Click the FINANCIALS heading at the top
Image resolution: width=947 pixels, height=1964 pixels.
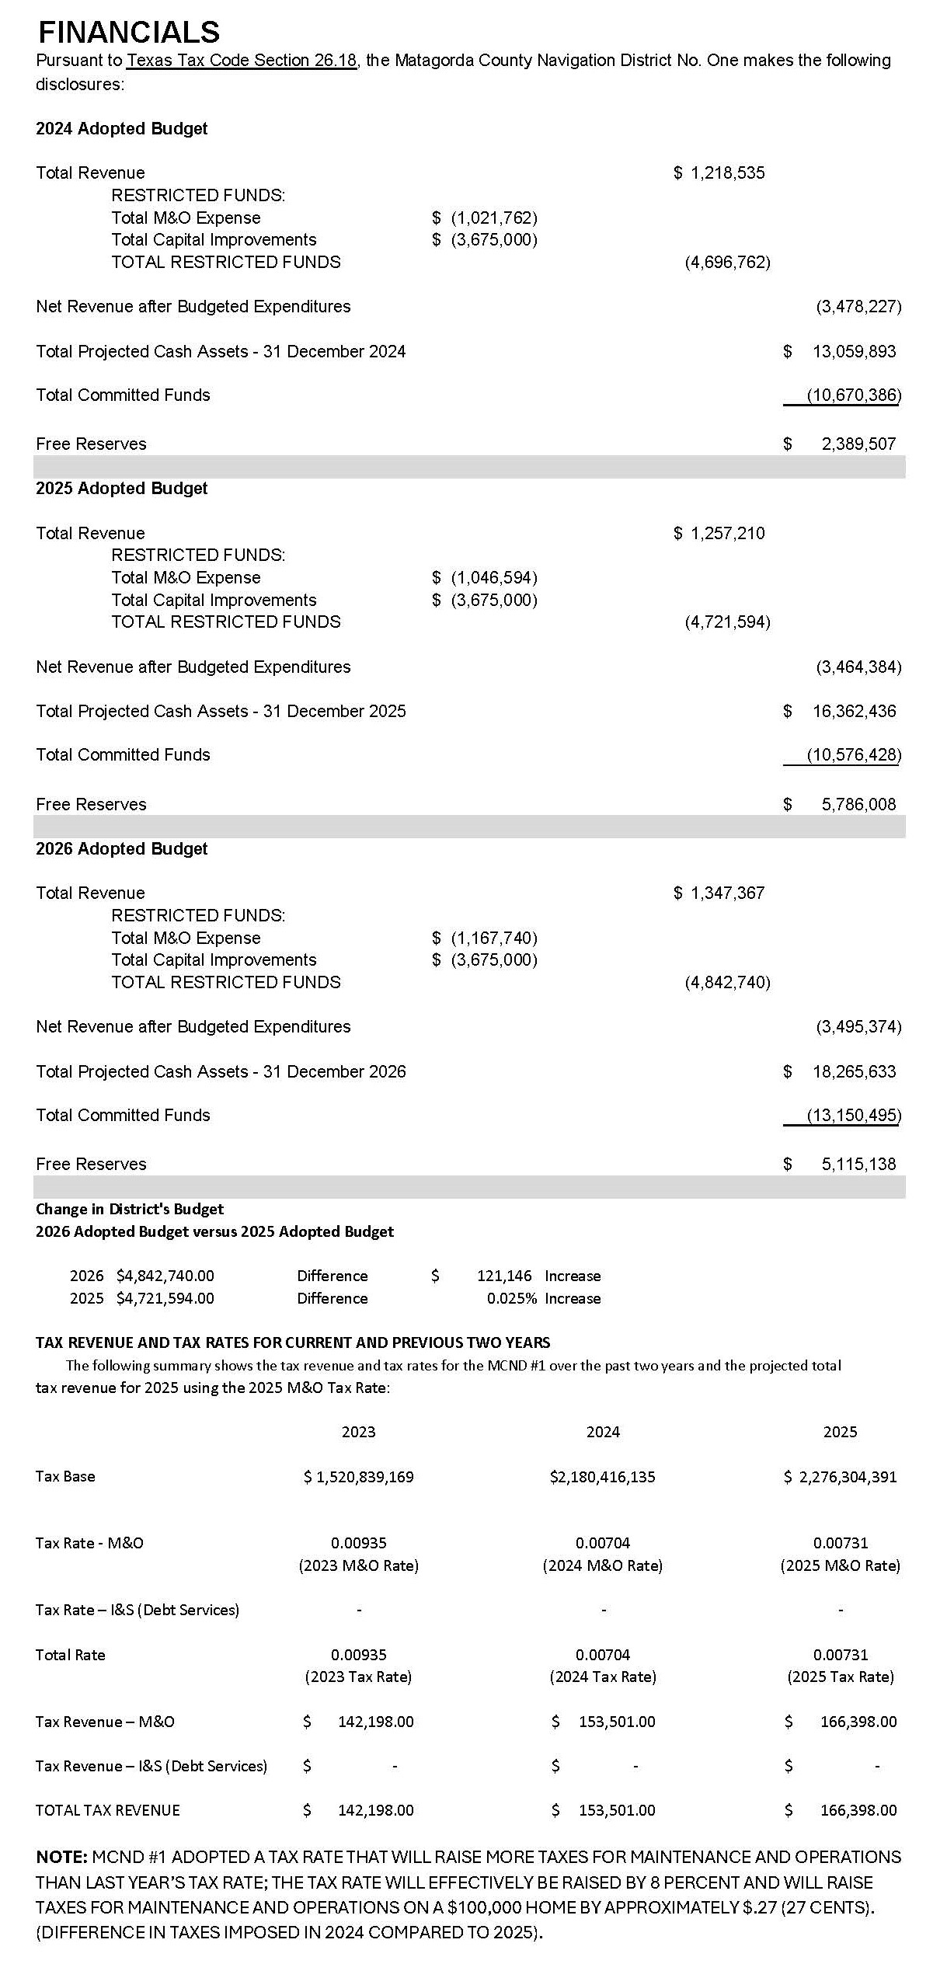(129, 32)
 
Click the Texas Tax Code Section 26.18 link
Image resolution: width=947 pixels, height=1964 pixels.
(242, 61)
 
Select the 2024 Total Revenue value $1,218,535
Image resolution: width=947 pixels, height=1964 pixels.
(719, 172)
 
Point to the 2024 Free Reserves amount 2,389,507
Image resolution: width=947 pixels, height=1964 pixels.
(858, 444)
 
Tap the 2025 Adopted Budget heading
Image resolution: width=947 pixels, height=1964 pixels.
(122, 489)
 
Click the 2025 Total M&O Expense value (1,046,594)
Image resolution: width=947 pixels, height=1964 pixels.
(494, 577)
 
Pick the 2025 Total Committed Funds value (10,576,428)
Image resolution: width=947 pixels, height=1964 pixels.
(854, 754)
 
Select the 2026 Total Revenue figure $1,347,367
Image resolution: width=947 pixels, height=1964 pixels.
(719, 893)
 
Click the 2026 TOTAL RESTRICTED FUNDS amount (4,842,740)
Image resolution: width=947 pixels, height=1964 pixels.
(727, 982)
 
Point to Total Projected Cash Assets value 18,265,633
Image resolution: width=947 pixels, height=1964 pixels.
(854, 1071)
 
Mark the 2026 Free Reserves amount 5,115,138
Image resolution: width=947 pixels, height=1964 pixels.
(858, 1164)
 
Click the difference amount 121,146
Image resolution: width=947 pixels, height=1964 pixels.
(504, 1276)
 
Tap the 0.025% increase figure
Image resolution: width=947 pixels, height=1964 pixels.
(511, 1298)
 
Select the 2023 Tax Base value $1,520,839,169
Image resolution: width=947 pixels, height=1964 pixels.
(359, 1476)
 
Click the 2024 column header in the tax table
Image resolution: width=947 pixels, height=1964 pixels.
(603, 1432)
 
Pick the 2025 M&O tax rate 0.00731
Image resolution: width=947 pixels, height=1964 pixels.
(841, 1543)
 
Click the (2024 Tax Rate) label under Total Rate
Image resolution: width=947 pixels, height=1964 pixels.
(603, 1677)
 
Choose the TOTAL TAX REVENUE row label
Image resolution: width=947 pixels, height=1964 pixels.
(108, 1810)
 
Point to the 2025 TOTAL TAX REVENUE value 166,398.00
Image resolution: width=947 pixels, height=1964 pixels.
(858, 1810)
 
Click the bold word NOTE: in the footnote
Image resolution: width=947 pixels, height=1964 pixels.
(61, 1857)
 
